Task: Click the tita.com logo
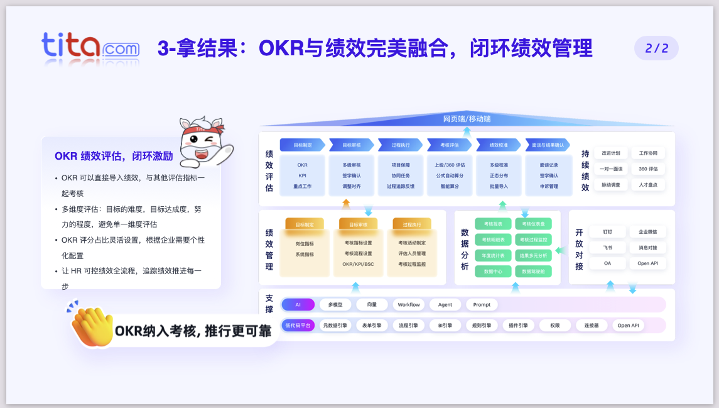(x=90, y=48)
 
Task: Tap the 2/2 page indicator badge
(x=656, y=48)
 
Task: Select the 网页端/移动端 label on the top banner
(x=467, y=118)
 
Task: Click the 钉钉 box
(x=607, y=232)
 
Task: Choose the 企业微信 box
(x=648, y=232)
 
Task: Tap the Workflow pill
(x=409, y=304)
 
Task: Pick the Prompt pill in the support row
(x=482, y=304)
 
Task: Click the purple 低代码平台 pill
(x=298, y=325)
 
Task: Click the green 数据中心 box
(x=493, y=272)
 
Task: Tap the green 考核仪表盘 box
(x=534, y=224)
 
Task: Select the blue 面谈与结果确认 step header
(x=548, y=145)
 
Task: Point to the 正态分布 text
(x=499, y=175)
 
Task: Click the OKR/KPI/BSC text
(x=358, y=264)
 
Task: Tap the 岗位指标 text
(x=305, y=243)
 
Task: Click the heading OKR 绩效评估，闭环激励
(x=114, y=156)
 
